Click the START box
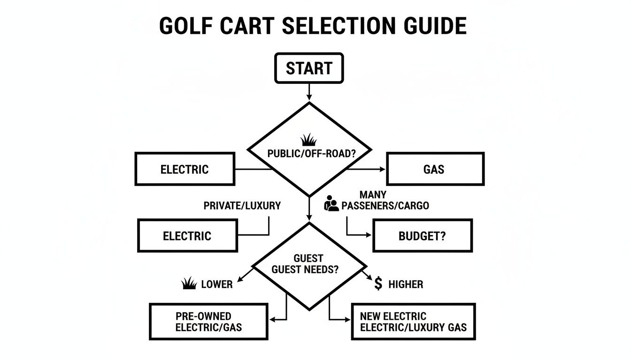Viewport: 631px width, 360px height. click(308, 68)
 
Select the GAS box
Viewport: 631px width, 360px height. click(434, 169)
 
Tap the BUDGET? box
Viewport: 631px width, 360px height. click(422, 236)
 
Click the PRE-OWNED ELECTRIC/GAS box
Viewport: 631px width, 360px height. click(208, 322)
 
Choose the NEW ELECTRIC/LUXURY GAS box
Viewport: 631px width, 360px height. click(413, 322)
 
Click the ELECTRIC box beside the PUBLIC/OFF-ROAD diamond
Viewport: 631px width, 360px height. click(185, 169)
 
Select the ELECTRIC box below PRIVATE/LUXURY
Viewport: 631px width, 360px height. click(187, 236)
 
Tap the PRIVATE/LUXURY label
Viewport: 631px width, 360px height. click(242, 205)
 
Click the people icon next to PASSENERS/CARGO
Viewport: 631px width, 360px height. click(331, 204)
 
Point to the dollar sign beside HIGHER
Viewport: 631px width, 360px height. click(378, 284)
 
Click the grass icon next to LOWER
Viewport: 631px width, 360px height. click(188, 283)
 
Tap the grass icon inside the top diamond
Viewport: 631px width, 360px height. click(308, 139)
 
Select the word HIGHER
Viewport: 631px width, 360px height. click(406, 284)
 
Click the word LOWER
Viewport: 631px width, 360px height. click(216, 284)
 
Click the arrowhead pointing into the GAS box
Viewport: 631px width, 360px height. click(382, 169)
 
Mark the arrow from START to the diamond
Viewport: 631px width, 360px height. click(308, 92)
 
